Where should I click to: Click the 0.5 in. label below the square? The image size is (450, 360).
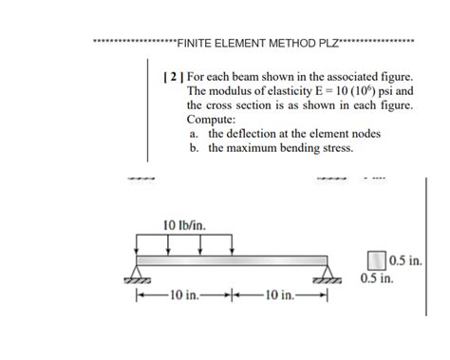tap(378, 280)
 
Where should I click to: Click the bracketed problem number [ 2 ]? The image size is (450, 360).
tap(173, 74)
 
